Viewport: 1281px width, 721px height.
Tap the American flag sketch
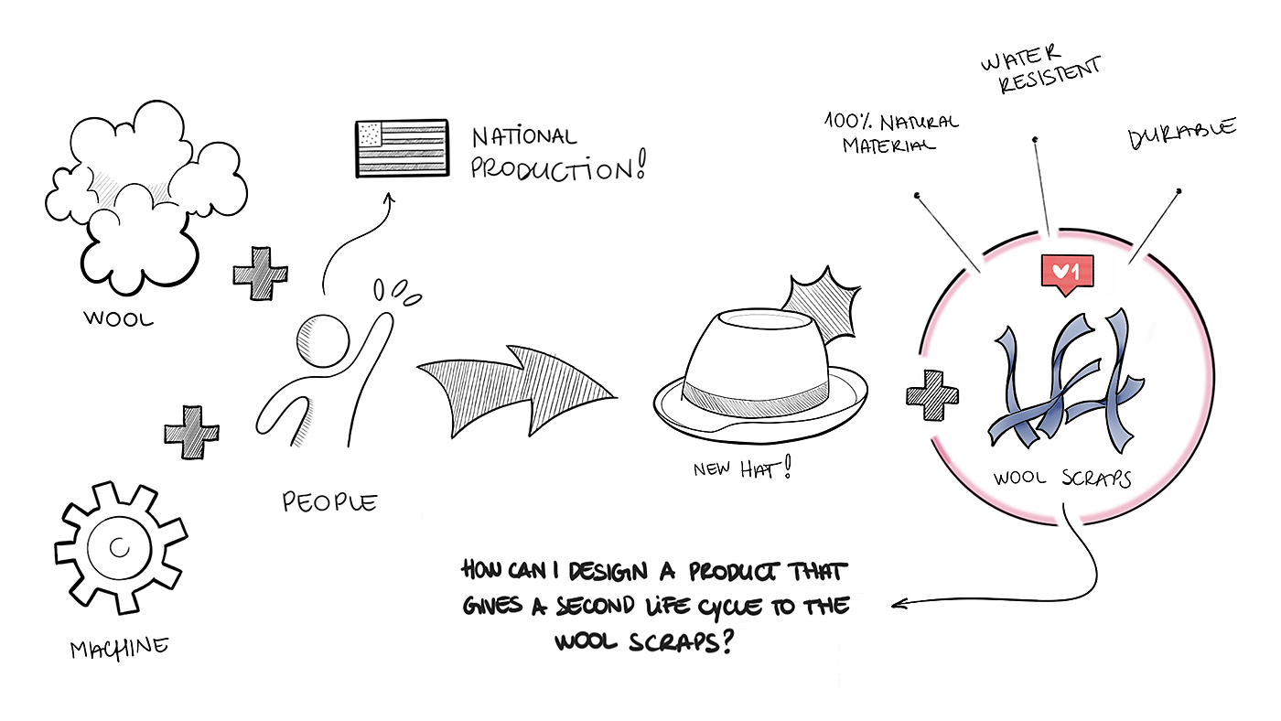point(401,147)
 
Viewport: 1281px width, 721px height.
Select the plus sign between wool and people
point(260,274)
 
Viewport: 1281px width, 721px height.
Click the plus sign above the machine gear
point(191,432)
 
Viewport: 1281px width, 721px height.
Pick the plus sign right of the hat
point(931,395)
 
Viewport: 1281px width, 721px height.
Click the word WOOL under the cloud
point(118,319)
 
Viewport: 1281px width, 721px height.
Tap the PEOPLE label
point(328,502)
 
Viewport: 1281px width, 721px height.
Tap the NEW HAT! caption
point(740,469)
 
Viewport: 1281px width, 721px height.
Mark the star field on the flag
point(370,135)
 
